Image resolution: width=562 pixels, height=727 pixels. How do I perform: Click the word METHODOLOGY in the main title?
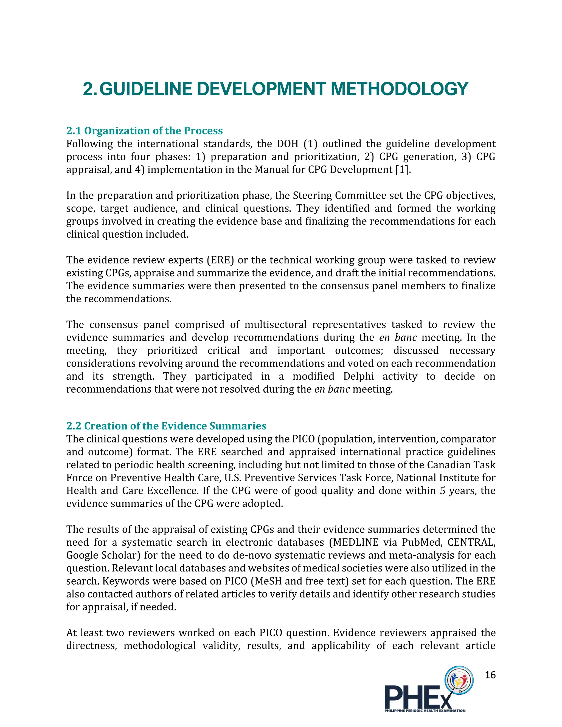[x=399, y=89]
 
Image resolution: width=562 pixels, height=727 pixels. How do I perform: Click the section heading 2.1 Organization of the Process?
[x=145, y=131]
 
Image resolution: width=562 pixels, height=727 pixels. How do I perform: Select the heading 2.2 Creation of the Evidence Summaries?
[x=166, y=426]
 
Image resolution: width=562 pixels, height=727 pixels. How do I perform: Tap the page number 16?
[x=490, y=675]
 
